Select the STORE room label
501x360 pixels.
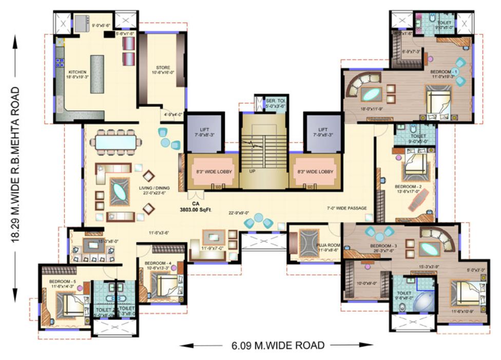tap(163, 67)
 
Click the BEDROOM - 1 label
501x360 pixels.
tap(445, 71)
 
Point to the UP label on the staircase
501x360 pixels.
tap(252, 171)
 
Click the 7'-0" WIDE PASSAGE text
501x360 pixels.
tap(346, 208)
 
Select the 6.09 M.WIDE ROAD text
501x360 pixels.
tap(275, 345)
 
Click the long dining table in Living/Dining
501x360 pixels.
tap(116, 142)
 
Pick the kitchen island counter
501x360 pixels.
tap(98, 74)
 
